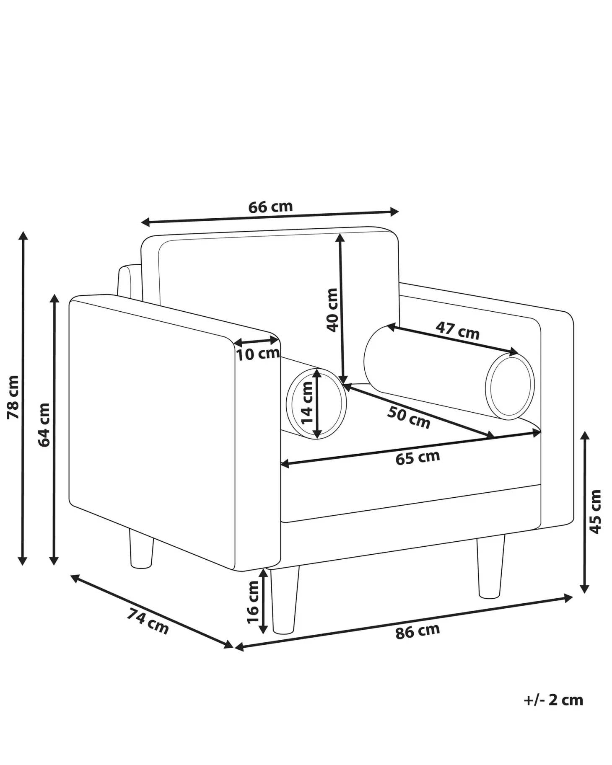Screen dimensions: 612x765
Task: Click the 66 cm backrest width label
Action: click(270, 207)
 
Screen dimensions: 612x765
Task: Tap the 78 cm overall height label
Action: click(13, 397)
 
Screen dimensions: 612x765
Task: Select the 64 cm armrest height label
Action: click(44, 425)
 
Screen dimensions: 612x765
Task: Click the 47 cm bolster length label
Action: click(457, 330)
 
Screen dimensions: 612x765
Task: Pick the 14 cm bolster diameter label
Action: click(307, 403)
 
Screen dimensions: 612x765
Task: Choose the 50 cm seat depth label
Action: click(408, 418)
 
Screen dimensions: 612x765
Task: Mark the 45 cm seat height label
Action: click(595, 512)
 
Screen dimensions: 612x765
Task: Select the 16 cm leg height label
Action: click(253, 602)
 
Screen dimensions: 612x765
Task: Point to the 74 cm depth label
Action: click(148, 621)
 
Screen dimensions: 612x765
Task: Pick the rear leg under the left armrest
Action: click(141, 548)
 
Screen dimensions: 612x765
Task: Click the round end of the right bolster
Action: click(510, 386)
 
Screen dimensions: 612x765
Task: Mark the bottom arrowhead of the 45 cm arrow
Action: click(585, 588)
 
